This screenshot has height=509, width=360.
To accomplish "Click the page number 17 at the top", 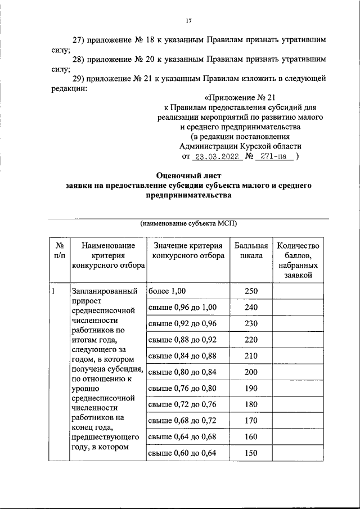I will coord(189,21).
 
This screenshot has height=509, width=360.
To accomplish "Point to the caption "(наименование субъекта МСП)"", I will coord(187,223).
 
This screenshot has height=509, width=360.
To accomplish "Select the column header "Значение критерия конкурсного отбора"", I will coord(187,251).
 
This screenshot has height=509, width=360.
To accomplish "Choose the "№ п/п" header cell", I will coord(58,251).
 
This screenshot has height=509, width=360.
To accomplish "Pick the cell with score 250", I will coord(251,291).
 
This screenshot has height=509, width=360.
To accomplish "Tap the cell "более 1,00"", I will coord(167,291).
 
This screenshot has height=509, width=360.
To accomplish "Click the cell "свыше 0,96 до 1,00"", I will coord(182,307).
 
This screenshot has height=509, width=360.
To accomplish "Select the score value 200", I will coord(251,372).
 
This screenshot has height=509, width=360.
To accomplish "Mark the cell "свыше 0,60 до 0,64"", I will coord(182,453).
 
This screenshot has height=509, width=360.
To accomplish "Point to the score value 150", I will coord(251,453).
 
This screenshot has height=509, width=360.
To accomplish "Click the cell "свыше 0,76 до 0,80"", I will coord(182,388).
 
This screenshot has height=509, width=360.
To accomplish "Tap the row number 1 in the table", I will coord(53,291).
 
